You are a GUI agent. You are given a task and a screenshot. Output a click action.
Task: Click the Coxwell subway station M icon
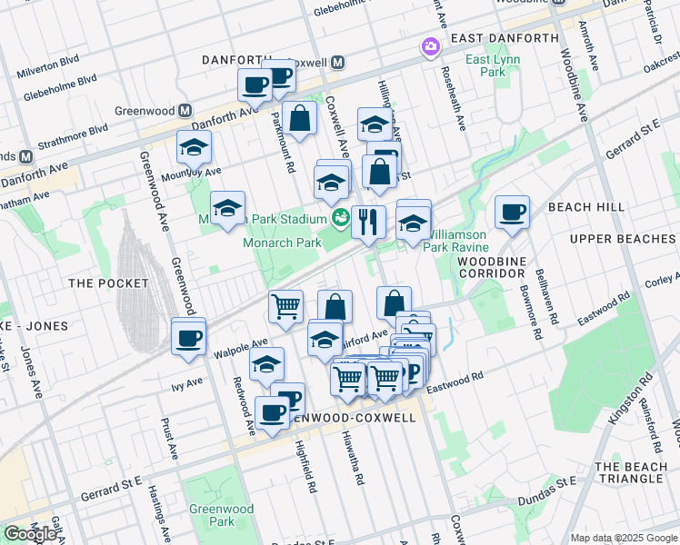coord(337,62)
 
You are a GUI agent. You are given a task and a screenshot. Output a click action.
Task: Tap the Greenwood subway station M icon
coord(185,111)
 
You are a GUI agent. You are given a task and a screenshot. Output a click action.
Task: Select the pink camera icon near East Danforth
coord(429,45)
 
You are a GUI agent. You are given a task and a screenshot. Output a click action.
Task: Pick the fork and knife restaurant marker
coord(368,222)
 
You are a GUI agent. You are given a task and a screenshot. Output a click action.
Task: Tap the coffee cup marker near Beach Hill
coord(513,213)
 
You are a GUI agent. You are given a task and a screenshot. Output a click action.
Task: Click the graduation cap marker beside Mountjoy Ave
coord(194,147)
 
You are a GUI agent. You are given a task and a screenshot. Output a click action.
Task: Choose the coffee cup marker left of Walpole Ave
coord(188,338)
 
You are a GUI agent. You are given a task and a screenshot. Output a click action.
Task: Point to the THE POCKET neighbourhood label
coord(109,283)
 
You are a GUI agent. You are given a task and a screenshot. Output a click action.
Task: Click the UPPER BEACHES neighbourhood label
coord(623,238)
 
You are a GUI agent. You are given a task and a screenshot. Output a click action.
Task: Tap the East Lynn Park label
coord(485,65)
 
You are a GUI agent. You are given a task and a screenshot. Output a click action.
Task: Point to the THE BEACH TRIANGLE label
coord(630,472)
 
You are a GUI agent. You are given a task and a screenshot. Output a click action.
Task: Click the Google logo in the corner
coord(30,533)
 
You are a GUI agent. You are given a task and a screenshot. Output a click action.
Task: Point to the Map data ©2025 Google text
coord(623,538)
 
